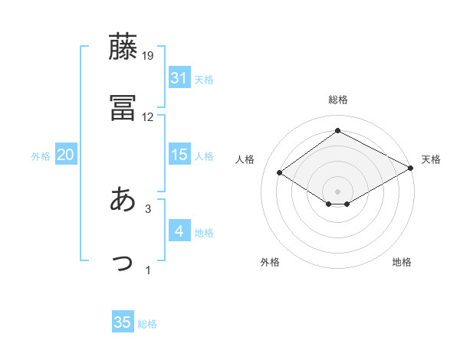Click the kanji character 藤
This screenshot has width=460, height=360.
[x=123, y=47]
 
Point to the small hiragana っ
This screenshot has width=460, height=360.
[x=123, y=262]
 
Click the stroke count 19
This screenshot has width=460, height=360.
[x=148, y=56]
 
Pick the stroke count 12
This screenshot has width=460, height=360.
[x=148, y=117]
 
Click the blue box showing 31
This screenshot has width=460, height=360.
[x=179, y=78]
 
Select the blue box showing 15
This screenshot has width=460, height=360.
[x=179, y=155]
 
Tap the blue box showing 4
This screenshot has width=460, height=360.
[x=179, y=231]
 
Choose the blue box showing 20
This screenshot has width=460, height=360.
[x=65, y=155]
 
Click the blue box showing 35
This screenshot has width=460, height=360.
[x=123, y=322]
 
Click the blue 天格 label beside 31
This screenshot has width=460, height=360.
[x=204, y=79]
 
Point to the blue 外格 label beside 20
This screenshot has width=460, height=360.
[x=41, y=155]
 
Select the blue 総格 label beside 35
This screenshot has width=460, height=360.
[x=147, y=324]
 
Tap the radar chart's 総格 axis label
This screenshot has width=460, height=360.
[x=338, y=100]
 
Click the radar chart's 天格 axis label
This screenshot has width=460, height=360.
[x=431, y=159]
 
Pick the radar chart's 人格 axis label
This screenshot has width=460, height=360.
[x=245, y=159]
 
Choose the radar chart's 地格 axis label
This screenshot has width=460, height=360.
[x=402, y=262]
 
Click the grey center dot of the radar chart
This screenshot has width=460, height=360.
[x=338, y=190]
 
